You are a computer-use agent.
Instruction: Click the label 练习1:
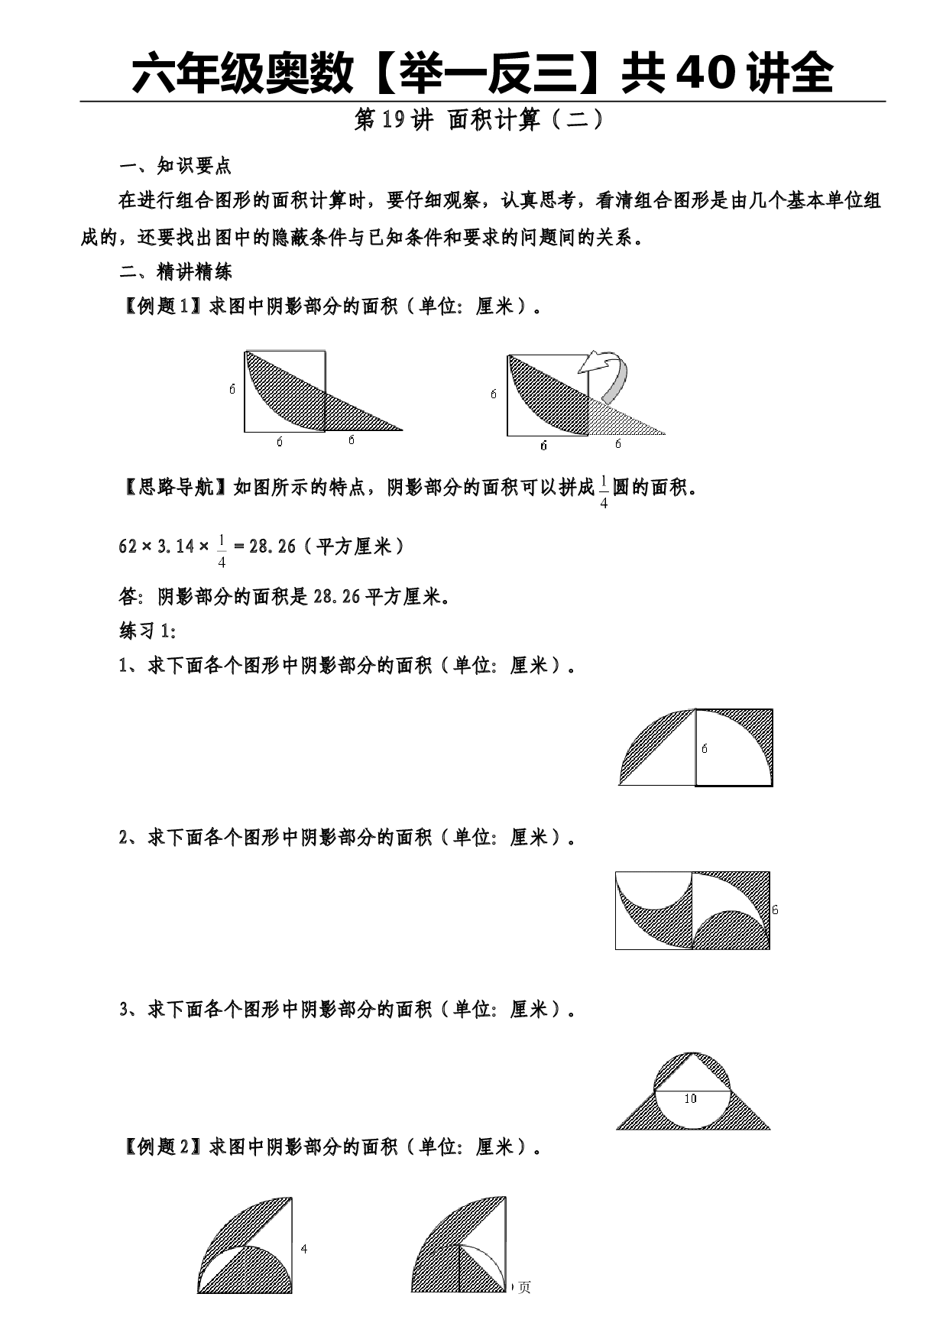pos(148,631)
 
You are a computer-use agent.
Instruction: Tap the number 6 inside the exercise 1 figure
pos(705,748)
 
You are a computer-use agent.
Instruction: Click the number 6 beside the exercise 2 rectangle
pos(775,910)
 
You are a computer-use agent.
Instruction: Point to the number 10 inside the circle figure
pos(690,1098)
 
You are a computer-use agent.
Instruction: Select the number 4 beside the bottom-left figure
pos(304,1249)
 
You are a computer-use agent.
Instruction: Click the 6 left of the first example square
pos(232,389)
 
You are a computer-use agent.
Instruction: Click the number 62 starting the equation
pos(128,546)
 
